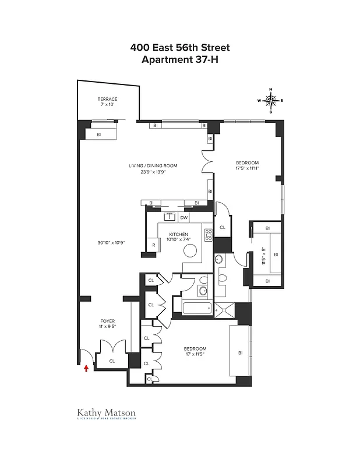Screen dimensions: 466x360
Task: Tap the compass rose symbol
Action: [271, 100]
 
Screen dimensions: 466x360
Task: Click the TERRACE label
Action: [107, 99]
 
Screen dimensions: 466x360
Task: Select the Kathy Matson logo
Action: [107, 414]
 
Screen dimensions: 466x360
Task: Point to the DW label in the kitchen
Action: [183, 218]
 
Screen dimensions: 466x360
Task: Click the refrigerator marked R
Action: [153, 246]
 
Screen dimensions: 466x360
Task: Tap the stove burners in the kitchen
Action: [208, 235]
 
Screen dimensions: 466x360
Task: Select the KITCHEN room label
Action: [179, 234]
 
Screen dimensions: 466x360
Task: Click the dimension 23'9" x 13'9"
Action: [153, 172]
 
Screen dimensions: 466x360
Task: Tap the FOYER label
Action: [107, 321]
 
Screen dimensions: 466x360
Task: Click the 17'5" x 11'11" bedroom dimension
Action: [247, 168]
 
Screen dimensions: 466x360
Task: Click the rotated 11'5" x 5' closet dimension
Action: [263, 255]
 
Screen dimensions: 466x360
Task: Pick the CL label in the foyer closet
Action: [112, 361]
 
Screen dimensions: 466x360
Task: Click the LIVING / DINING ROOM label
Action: [153, 165]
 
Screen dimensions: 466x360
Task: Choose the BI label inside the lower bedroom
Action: [239, 352]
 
